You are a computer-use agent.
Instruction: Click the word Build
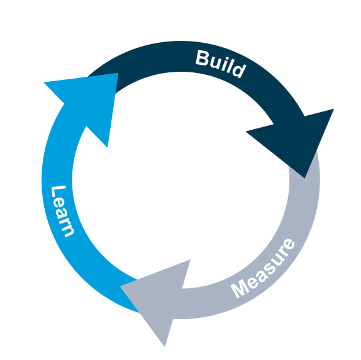219,63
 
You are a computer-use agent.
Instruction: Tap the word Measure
263,268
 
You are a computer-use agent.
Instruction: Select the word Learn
62,211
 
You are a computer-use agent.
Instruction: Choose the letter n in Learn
67,230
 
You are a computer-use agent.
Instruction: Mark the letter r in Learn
65,221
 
